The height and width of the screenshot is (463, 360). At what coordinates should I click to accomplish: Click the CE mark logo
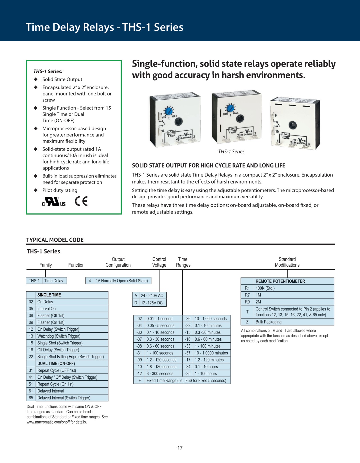pyautogui.click(x=81, y=201)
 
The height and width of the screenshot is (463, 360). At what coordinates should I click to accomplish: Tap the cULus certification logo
pyautogui.click(x=54, y=202)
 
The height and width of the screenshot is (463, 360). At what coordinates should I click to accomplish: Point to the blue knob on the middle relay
pyautogui.click(x=230, y=108)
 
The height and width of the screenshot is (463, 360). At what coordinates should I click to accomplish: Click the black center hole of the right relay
pyautogui.click(x=292, y=125)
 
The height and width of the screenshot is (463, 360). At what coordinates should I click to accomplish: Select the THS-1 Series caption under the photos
pyautogui.click(x=231, y=152)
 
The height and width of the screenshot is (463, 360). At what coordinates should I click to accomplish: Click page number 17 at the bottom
pyautogui.click(x=180, y=448)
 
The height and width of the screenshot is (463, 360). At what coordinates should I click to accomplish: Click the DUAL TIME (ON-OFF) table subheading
pyautogui.click(x=56, y=364)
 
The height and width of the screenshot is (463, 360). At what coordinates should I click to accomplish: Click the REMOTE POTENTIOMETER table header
pyautogui.click(x=280, y=281)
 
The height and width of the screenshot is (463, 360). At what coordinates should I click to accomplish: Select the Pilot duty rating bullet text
pyautogui.click(x=60, y=190)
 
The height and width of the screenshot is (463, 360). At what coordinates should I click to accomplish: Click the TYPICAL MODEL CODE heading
pyautogui.click(x=55, y=240)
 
